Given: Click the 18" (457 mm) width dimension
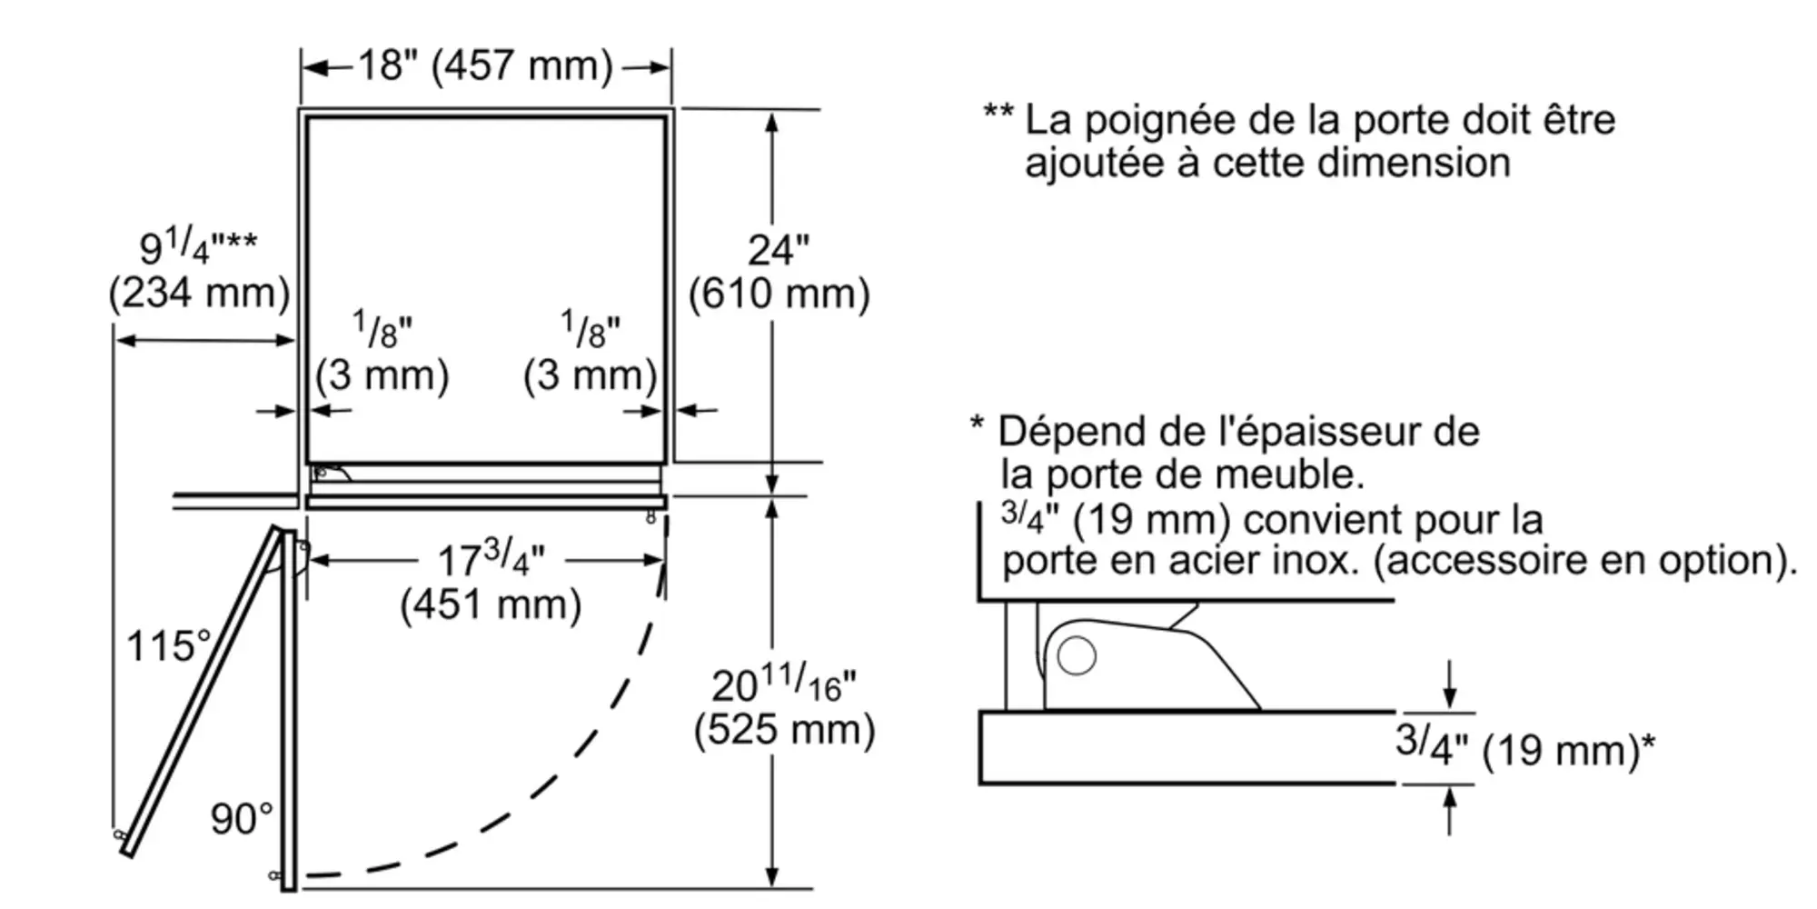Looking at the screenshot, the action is (485, 65).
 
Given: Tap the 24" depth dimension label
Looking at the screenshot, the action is (778, 250).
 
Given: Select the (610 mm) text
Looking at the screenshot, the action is (779, 294).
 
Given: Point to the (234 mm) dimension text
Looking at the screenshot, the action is (199, 293).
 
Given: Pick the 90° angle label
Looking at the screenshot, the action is (241, 819).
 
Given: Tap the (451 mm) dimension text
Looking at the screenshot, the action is (491, 604).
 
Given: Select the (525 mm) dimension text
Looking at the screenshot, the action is (784, 729).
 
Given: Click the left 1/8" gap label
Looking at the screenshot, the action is (382, 330).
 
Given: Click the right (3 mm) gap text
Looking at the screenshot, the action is (590, 375).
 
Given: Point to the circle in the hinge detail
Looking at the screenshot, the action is (1077, 655).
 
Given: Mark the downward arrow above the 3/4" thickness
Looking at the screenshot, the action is (1449, 686).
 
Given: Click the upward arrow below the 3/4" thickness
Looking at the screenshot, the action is (1449, 809).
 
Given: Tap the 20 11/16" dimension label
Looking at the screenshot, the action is (783, 684).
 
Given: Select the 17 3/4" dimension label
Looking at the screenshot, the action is (491, 559).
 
